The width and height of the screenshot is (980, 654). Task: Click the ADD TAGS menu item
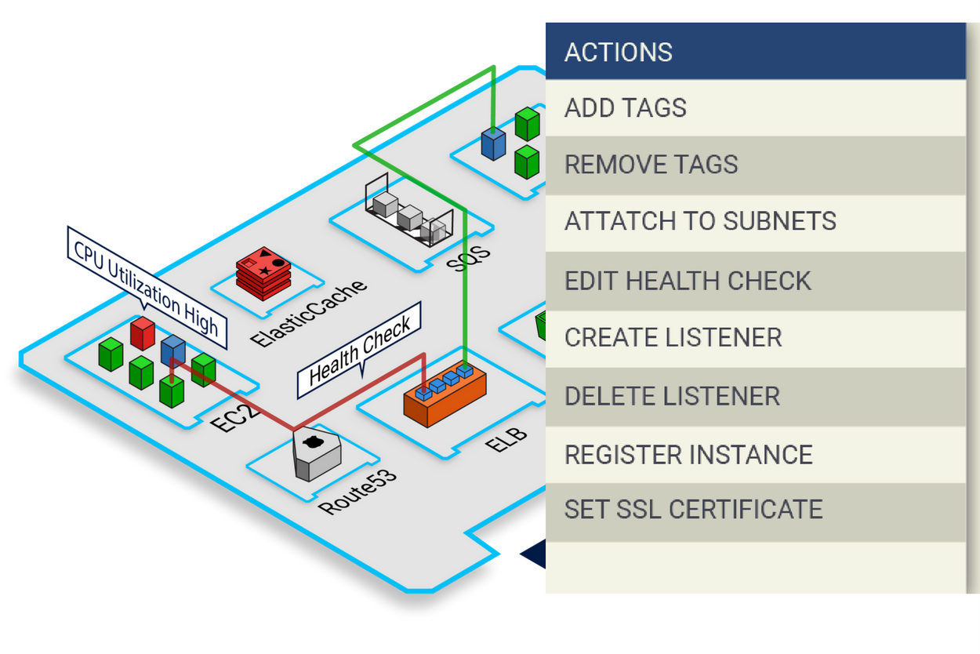point(626,107)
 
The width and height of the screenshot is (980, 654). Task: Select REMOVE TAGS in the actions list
point(652,165)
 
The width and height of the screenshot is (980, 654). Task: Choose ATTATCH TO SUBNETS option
point(700,222)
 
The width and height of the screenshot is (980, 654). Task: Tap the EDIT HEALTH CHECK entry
point(688,281)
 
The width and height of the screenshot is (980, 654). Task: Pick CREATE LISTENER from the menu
point(673,338)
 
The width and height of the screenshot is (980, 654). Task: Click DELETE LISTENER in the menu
point(672,396)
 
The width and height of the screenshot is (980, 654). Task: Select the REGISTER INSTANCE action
point(688,455)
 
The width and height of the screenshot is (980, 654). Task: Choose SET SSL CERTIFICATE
point(693,510)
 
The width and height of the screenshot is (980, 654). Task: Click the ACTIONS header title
point(619,53)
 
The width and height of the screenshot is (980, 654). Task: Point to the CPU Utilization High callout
point(147,288)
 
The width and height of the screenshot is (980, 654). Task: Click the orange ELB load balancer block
point(445,397)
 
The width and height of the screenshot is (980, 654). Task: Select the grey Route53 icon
point(316,455)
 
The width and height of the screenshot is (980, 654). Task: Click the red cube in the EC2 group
point(143,333)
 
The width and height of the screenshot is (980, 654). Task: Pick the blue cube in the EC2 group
point(172,350)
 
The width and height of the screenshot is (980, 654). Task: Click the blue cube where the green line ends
point(493,144)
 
